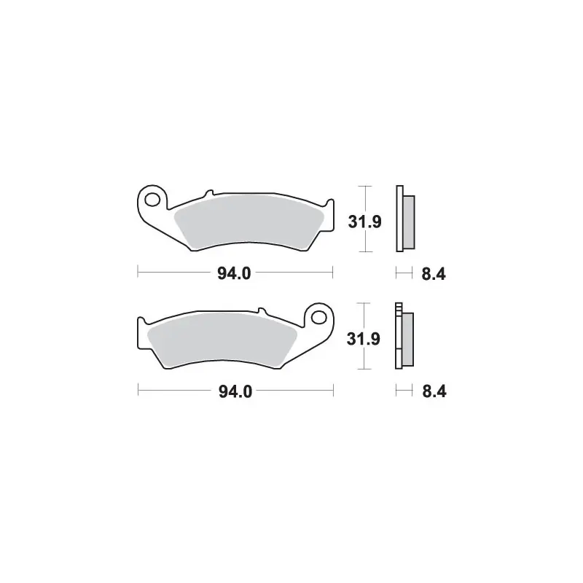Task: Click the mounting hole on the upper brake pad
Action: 152,200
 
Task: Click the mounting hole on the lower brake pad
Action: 318,318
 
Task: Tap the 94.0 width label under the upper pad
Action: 234,274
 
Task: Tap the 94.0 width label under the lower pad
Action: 235,391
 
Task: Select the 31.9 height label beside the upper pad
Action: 365,222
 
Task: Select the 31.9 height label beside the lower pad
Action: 363,339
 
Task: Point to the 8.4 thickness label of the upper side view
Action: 434,275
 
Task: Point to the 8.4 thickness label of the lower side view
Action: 434,391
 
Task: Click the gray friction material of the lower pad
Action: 222,339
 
